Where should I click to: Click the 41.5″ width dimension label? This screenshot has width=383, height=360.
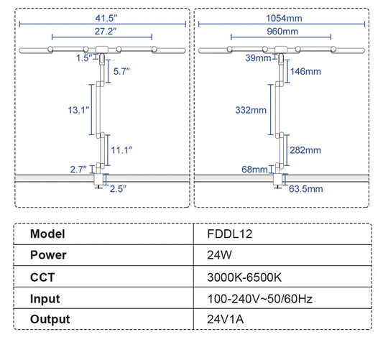(x=106, y=18)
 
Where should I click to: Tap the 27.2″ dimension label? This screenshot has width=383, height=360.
(x=106, y=32)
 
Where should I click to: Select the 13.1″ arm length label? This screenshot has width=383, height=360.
(x=78, y=110)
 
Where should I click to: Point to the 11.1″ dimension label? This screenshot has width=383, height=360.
(x=121, y=150)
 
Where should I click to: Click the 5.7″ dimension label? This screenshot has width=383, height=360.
(x=121, y=71)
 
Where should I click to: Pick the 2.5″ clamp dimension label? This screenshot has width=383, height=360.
(x=118, y=189)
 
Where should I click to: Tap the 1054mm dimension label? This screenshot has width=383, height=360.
(x=284, y=18)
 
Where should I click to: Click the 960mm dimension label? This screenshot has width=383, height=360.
(x=282, y=32)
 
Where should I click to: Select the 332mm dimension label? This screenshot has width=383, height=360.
(x=251, y=110)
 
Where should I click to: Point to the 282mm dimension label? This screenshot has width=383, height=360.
(x=305, y=150)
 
